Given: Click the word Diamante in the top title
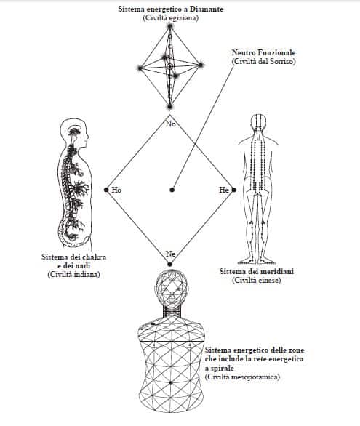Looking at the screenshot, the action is (207, 9).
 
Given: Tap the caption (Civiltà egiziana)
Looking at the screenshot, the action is (171, 18).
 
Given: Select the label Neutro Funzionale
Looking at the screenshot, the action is (263, 53).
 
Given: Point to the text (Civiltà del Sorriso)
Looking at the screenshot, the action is (263, 61).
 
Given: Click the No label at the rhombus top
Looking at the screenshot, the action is (171, 124).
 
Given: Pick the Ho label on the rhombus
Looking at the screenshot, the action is (116, 190).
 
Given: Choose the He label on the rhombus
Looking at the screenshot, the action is (224, 190).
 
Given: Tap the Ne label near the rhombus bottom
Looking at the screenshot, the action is (170, 254).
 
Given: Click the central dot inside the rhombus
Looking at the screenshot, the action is (172, 190).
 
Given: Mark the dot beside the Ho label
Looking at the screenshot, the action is (106, 190).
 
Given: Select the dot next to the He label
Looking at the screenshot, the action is (233, 190).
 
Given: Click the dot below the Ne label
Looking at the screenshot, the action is (169, 264).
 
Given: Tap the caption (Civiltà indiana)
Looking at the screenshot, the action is (74, 274).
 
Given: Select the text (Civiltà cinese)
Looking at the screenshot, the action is (256, 280).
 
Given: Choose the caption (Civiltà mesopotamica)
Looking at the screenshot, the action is (242, 377).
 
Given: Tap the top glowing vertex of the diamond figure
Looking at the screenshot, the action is (170, 26).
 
